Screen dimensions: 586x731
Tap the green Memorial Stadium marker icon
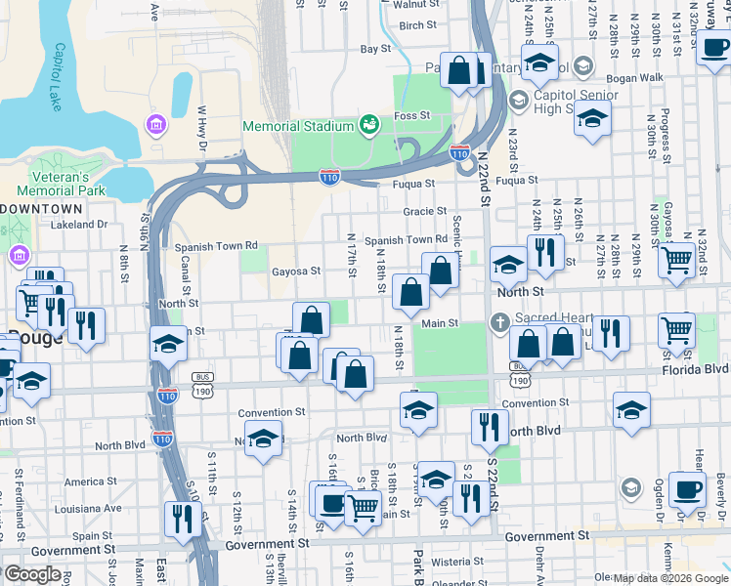(x=369, y=125)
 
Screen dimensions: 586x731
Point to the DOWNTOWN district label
(x=41, y=209)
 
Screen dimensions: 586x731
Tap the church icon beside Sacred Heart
(x=499, y=321)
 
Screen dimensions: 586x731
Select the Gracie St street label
(x=424, y=211)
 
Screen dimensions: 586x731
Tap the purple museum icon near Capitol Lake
(x=154, y=125)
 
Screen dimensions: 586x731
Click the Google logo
(x=33, y=574)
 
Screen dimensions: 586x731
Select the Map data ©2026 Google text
(x=670, y=578)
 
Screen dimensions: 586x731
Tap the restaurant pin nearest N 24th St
(x=545, y=252)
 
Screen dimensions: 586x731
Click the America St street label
(x=84, y=481)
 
